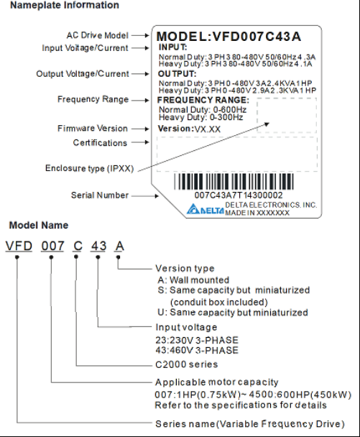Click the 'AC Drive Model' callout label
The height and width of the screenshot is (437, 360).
point(96,34)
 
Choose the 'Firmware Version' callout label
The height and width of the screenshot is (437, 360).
point(92,129)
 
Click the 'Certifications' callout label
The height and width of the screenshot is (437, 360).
point(100,143)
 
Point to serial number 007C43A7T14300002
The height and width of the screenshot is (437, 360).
point(239,195)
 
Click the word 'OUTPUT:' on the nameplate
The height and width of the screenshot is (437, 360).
point(177,73)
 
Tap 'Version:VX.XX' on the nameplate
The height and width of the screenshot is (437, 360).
point(189,129)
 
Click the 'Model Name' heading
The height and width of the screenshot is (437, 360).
point(34,225)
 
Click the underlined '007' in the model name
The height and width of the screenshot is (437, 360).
point(52,247)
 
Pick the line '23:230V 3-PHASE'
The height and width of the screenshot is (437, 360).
point(196,340)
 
